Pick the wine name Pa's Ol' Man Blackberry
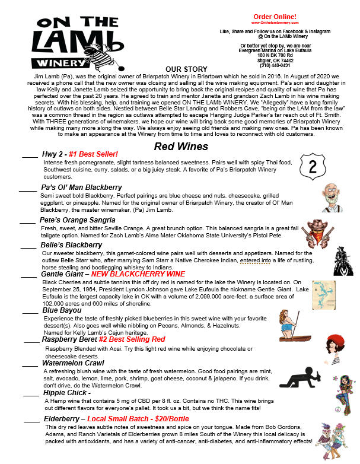[x=81, y=187]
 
